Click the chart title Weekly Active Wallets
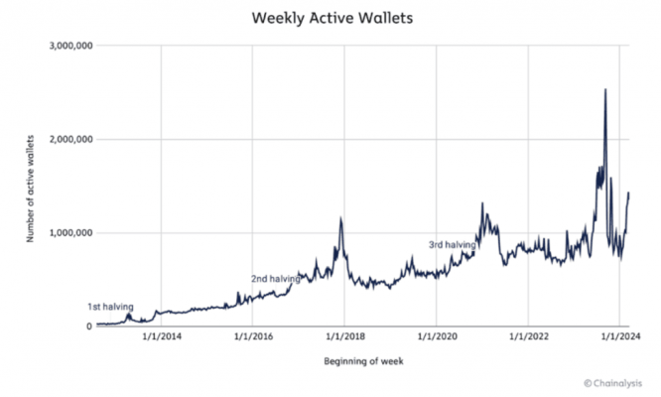point(330,18)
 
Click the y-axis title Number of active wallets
point(33,186)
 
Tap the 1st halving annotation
point(110,306)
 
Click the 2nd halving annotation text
point(275,279)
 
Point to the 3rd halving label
point(452,244)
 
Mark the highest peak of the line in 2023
point(605,90)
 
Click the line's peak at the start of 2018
point(340,219)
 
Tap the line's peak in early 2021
point(482,203)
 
